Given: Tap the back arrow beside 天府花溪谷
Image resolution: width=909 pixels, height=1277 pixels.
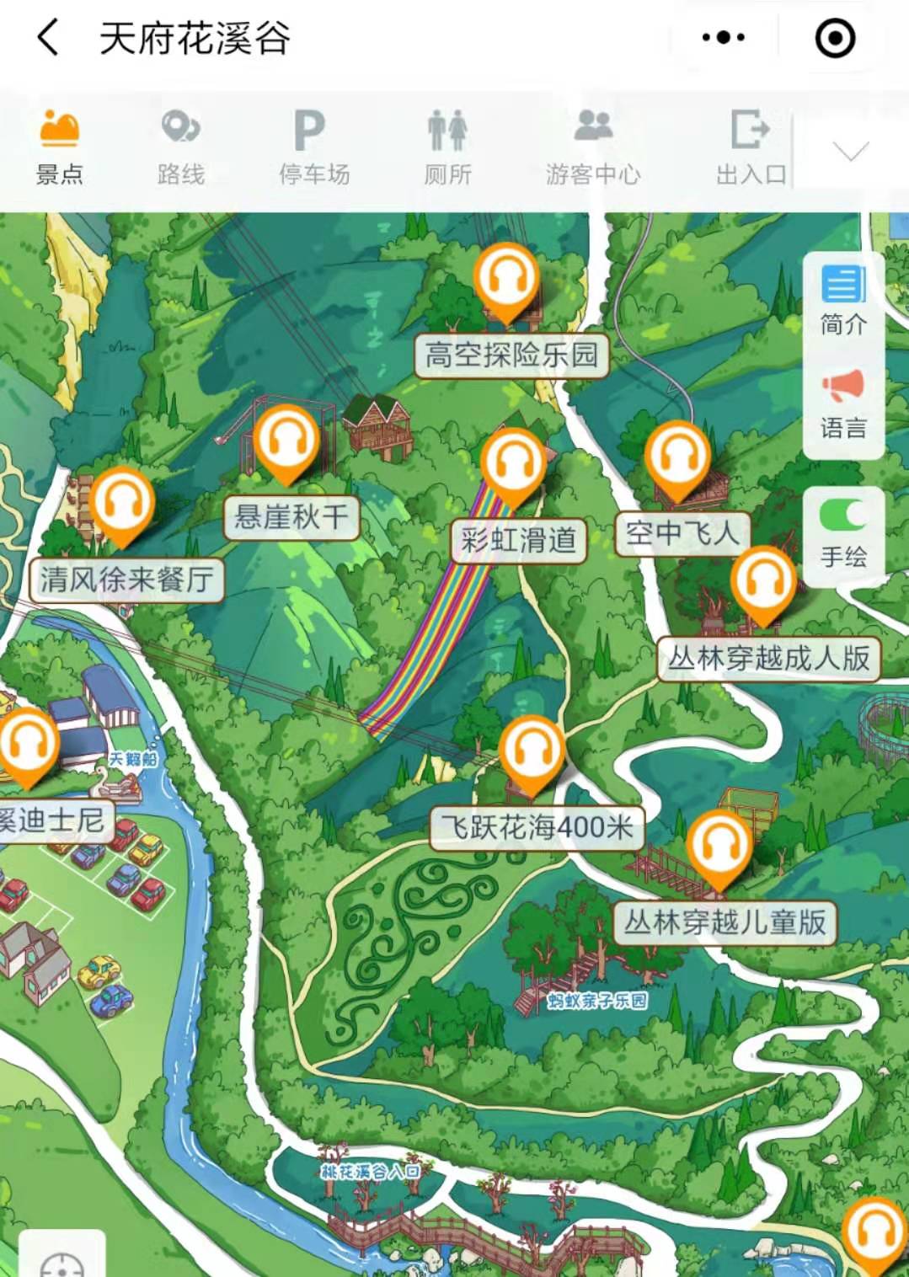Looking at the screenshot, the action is pos(48,38).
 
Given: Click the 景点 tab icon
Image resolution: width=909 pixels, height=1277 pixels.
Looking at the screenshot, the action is pos(59,130).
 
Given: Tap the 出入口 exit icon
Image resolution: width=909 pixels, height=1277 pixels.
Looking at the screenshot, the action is pos(750,130).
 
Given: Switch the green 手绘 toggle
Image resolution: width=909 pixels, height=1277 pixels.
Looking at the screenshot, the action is pos(843,515).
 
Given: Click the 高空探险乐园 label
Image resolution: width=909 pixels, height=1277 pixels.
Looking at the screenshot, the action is pos(511,355).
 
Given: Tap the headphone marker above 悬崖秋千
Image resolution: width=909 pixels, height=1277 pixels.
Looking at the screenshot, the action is pos(287,441).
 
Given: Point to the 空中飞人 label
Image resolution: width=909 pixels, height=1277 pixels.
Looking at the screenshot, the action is pos(682,533).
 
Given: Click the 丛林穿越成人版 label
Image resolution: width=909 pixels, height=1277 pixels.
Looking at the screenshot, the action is pos(768,658).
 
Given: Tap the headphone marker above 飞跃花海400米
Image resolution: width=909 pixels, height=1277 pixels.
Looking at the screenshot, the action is pos(532,751).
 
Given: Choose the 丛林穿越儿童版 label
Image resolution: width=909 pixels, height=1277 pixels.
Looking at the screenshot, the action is pos(725,922).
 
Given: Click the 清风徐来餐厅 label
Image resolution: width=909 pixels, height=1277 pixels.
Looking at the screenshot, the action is pos(126,580).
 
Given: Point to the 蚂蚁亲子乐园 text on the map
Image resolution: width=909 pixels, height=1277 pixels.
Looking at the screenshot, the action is pos(597,1000).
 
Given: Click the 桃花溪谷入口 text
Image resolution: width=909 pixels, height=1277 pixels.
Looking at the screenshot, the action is pos(371,1171).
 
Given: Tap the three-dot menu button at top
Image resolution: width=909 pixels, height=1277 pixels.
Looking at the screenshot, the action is pos(723,38).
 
